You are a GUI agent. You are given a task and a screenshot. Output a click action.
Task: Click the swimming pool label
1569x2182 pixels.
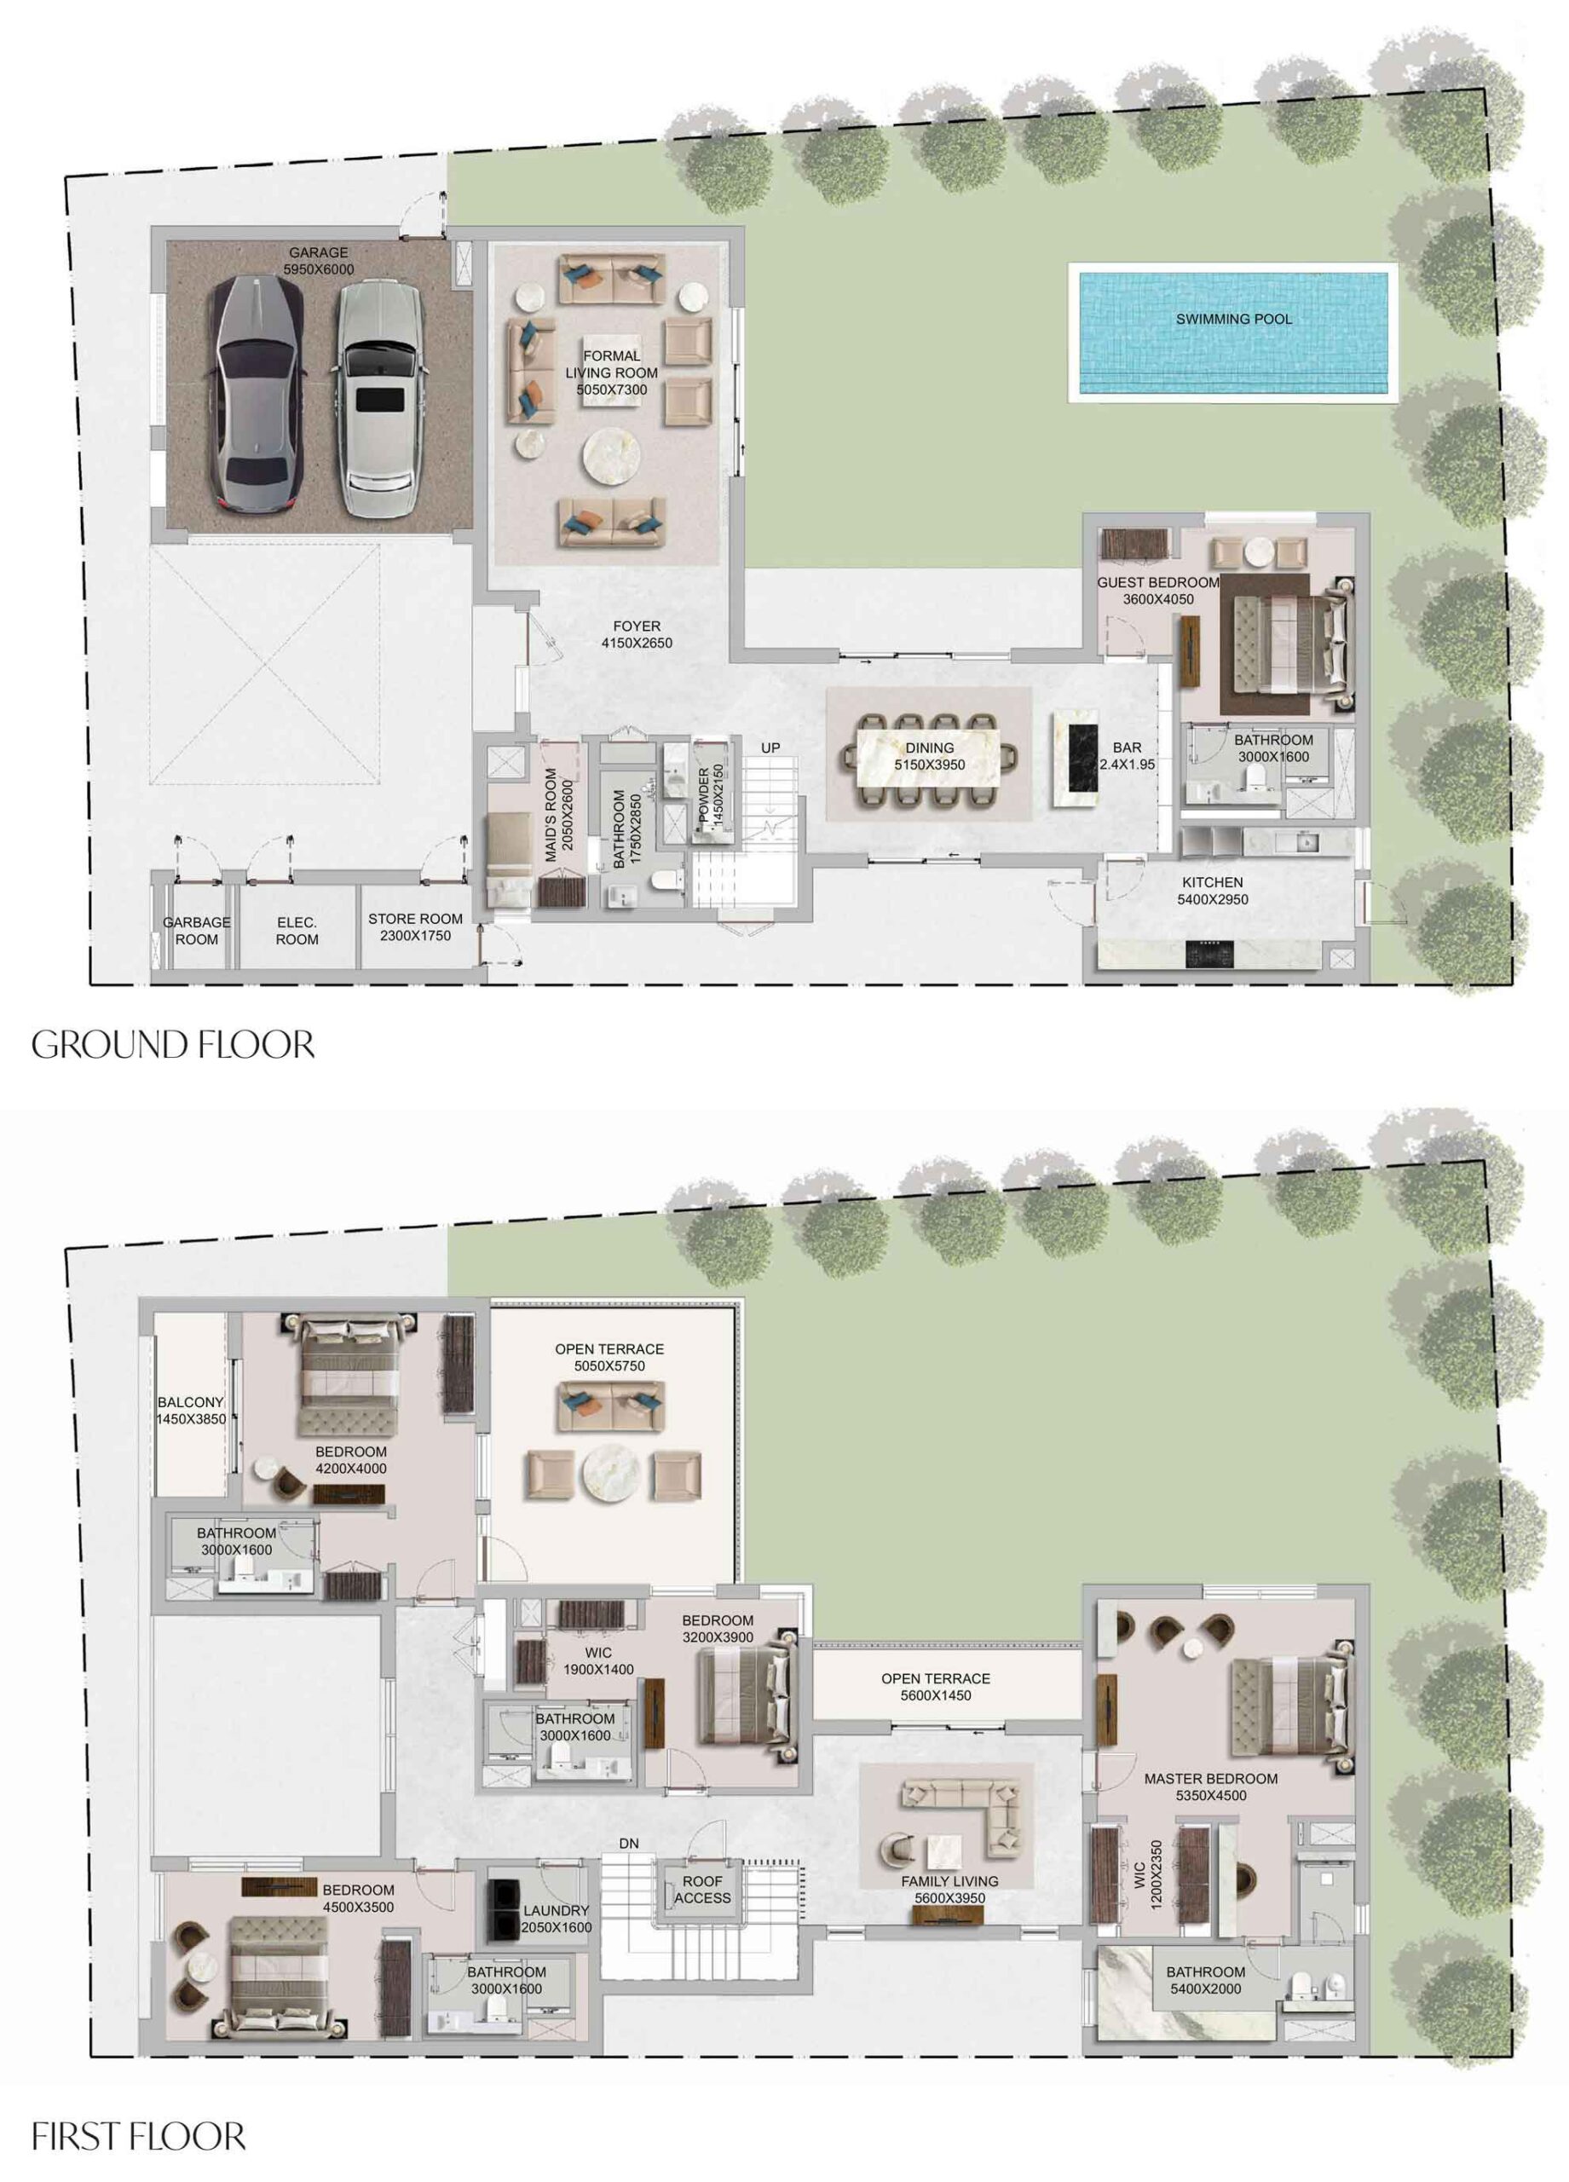[1233, 319]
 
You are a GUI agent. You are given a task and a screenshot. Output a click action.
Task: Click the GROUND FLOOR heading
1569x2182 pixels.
[173, 1045]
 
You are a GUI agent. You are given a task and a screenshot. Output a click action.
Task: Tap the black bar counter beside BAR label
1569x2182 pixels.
[1076, 761]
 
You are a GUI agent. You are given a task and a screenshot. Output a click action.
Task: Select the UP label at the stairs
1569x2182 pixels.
[770, 748]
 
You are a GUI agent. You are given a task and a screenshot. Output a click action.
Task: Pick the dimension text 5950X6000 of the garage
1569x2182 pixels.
[319, 270]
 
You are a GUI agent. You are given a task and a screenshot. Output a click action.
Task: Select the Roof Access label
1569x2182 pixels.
[702, 1890]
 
